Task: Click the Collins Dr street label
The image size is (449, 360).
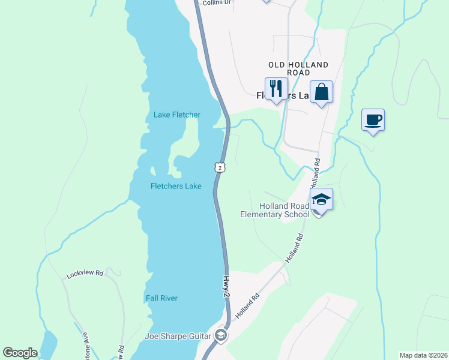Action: pos(216,3)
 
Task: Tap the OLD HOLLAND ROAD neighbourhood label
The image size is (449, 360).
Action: pos(298,68)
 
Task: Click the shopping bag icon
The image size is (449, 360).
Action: pos(322,92)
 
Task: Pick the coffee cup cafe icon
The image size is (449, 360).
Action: pos(373,120)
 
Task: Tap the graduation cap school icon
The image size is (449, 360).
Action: pos(321,199)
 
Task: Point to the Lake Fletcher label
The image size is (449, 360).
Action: pos(176,115)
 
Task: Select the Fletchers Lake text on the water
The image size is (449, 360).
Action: pos(175,186)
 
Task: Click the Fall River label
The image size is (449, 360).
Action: pos(161,298)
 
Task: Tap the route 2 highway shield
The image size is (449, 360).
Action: pos(221,168)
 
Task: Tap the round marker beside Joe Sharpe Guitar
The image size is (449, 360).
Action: pos(221,335)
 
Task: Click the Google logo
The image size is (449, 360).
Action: pos(20,353)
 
